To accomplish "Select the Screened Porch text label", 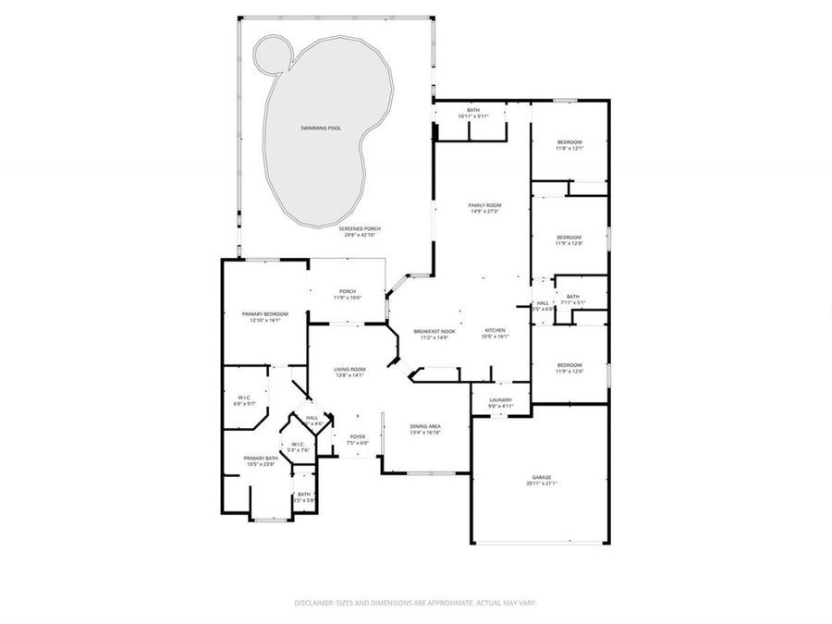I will point(359,228).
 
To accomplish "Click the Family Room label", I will point(483,205).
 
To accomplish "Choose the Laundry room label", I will point(500,399).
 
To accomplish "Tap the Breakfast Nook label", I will point(434,331).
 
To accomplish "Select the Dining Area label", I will point(425,425).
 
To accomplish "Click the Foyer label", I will point(358,436).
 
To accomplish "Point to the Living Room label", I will point(349,369).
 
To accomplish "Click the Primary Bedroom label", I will point(265,314).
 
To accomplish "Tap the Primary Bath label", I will point(260,458).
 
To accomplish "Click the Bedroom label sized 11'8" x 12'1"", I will point(569,141).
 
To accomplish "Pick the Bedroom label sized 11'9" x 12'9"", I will point(569,237).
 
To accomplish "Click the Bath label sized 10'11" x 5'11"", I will point(472,111).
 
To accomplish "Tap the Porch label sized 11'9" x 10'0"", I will point(348,291).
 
